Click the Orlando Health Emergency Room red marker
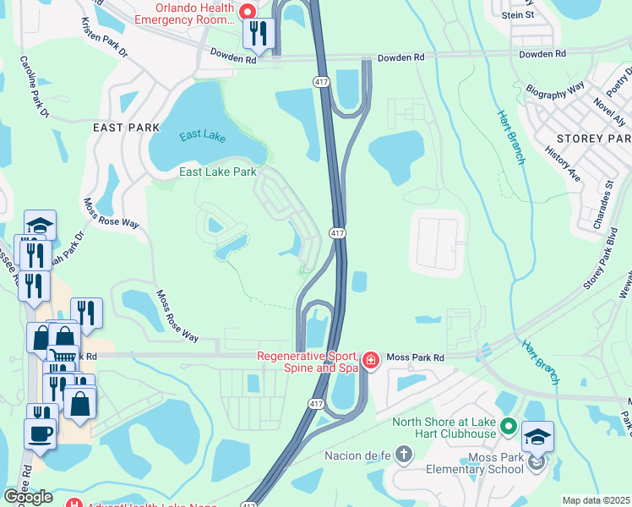click(x=248, y=11)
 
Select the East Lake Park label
click(x=217, y=172)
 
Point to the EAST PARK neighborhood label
click(x=126, y=128)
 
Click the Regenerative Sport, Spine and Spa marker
click(x=370, y=361)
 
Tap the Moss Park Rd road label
click(x=415, y=357)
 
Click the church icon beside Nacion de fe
click(x=405, y=455)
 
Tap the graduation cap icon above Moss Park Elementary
click(x=537, y=437)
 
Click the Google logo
click(x=28, y=497)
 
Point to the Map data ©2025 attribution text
click(x=596, y=500)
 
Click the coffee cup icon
click(x=41, y=433)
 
